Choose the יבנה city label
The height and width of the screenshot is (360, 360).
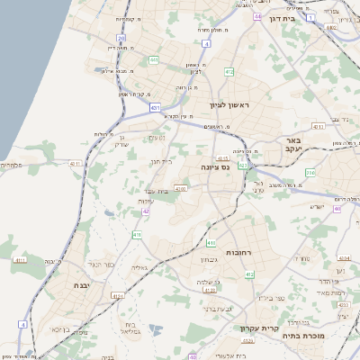(64, 284)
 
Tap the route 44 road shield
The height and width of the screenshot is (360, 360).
(258, 16)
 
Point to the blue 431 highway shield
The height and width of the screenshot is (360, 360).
(156, 108)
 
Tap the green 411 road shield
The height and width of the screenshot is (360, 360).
(138, 235)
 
